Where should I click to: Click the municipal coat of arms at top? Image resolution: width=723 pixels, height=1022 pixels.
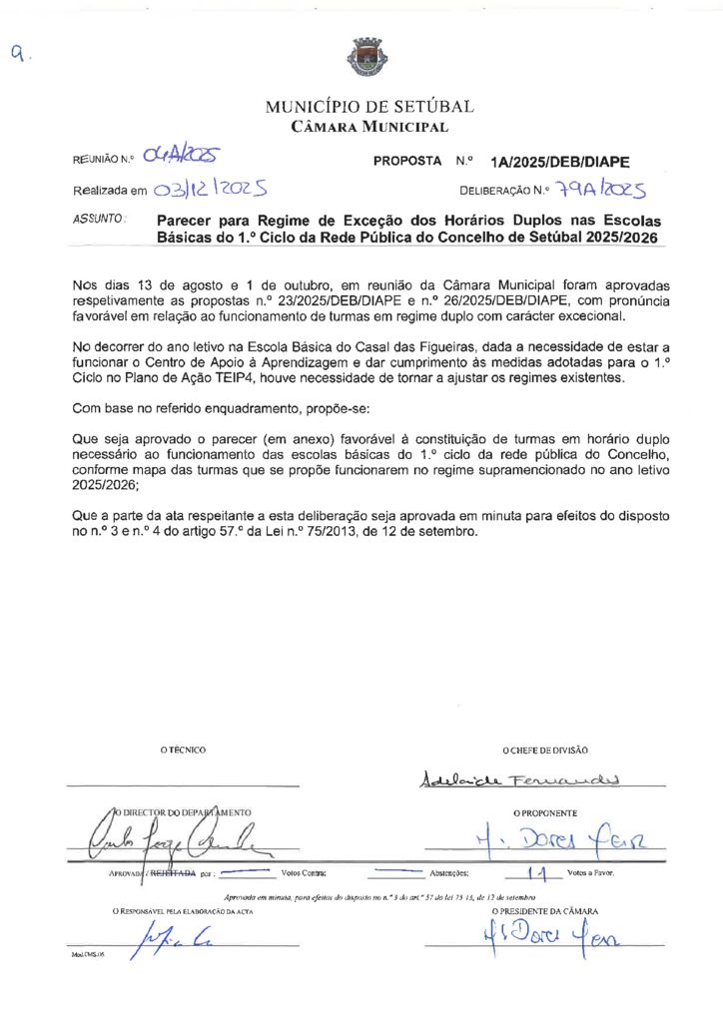click(361, 57)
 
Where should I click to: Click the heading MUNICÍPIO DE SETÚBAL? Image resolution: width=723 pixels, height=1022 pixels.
click(369, 107)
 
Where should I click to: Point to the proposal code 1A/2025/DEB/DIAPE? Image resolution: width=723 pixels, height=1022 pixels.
click(560, 161)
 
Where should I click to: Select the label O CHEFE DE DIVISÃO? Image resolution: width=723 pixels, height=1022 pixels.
click(545, 750)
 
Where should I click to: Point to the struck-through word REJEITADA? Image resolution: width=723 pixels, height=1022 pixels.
click(171, 872)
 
